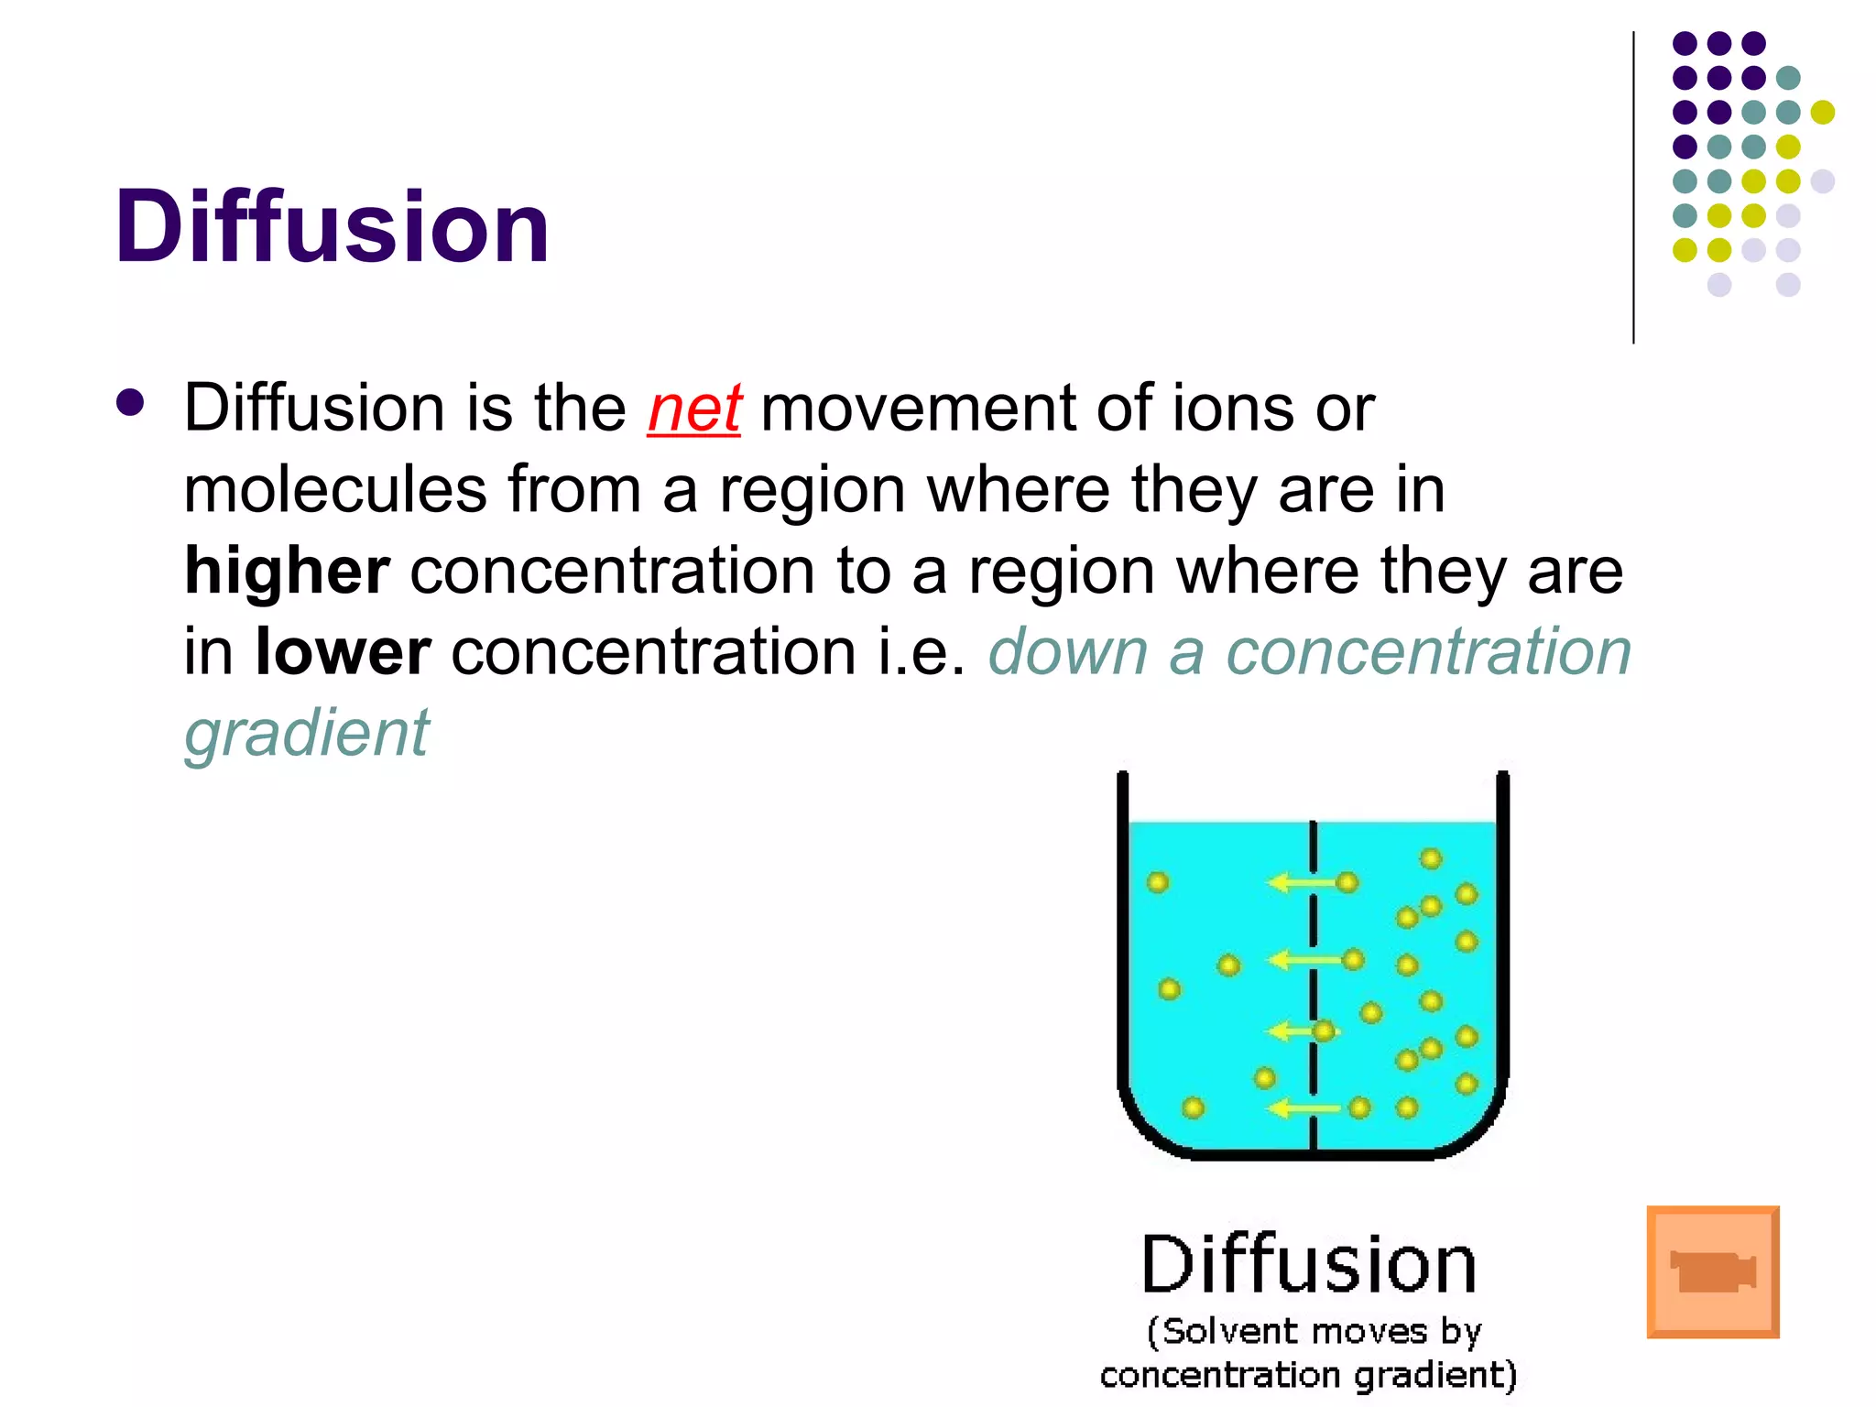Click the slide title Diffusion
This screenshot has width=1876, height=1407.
[332, 227]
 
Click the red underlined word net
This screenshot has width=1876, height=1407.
[693, 409]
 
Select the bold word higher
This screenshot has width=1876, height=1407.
[287, 571]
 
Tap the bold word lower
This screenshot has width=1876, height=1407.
[343, 652]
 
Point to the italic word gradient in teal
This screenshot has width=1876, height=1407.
[306, 735]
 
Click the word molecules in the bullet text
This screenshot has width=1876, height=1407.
[334, 489]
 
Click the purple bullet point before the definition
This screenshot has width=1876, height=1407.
[131, 403]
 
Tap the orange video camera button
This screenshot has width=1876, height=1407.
[1712, 1271]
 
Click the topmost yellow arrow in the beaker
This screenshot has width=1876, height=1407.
[1301, 883]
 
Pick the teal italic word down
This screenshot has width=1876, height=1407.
[1068, 652]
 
